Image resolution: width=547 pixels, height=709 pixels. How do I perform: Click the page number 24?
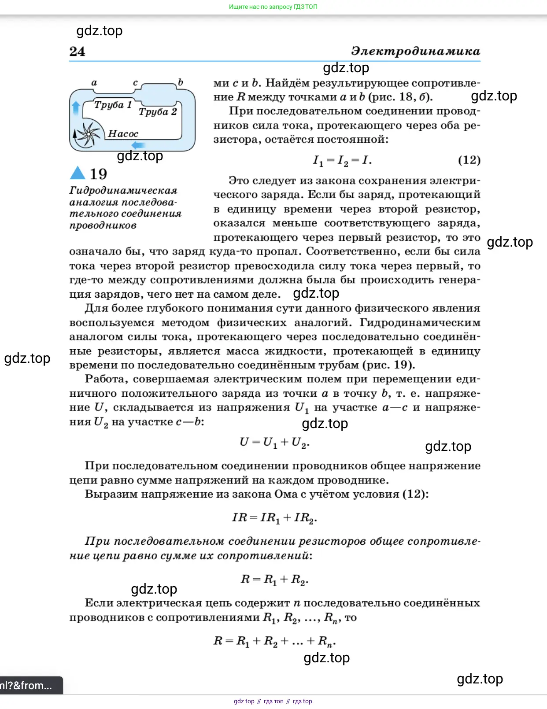pos(77,52)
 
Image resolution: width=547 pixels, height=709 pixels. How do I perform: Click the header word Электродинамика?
pos(415,51)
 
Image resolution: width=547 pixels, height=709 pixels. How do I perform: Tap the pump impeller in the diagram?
pos(88,134)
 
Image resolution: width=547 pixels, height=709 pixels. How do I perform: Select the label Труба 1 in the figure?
pos(113,105)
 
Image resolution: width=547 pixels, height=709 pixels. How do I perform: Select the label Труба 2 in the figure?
pos(158,112)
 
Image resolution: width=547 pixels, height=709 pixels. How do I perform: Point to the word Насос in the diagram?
pos(123,133)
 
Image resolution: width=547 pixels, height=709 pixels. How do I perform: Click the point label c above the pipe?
pos(135,83)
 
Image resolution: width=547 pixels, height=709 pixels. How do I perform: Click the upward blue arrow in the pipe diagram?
pos(76,107)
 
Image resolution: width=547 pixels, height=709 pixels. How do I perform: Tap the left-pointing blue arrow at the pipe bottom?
pos(139,145)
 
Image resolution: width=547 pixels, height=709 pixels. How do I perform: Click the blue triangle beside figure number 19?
pos(78,173)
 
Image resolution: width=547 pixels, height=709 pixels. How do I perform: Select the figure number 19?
pos(98,174)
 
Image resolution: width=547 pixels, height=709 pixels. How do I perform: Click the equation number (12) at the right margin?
pos(469,160)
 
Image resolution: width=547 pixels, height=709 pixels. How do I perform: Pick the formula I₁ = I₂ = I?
pos(342,161)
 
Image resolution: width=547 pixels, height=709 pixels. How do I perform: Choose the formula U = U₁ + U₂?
pos(274,442)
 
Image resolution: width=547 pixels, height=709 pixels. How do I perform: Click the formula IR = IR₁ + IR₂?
pos(274,518)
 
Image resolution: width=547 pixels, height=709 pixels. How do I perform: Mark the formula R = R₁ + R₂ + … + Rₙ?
pos(274,641)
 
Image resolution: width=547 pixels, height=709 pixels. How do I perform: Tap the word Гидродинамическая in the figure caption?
pos(123,191)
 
